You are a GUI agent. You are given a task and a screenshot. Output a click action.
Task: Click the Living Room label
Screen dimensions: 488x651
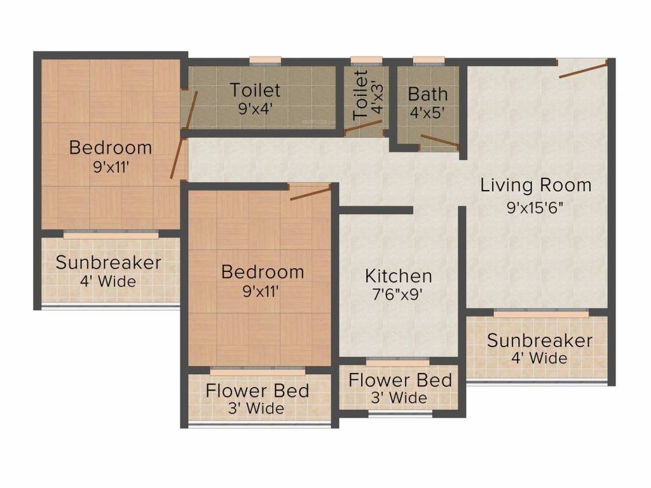tap(535, 186)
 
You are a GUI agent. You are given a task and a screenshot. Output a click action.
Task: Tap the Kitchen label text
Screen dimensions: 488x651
tap(399, 276)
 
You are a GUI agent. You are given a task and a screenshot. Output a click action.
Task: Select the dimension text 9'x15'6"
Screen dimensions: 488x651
tap(535, 208)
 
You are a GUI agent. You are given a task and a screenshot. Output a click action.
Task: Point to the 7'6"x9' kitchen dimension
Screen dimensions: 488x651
tap(399, 295)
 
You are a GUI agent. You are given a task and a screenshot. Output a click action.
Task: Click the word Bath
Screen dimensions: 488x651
tap(427, 94)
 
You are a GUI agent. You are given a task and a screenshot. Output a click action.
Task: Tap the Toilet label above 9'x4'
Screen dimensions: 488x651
tap(256, 90)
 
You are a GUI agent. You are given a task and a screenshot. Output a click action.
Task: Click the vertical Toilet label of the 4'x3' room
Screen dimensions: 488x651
tap(360, 95)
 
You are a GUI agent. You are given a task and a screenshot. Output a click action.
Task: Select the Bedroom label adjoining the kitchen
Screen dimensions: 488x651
tap(263, 272)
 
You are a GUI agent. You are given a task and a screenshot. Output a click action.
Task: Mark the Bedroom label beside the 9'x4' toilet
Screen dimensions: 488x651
tap(111, 148)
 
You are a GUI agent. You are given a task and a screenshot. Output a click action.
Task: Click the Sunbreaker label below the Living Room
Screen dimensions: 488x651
tap(540, 340)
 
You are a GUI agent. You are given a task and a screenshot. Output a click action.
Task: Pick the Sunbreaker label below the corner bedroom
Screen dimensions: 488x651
tap(108, 262)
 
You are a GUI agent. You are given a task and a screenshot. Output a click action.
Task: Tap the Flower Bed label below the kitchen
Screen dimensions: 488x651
tap(400, 381)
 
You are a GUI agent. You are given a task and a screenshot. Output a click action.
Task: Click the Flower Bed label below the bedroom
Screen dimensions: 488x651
tap(257, 390)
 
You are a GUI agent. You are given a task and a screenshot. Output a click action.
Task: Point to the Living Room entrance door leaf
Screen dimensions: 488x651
tap(583, 69)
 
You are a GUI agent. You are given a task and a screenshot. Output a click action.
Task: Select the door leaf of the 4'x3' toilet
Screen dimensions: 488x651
tap(364, 126)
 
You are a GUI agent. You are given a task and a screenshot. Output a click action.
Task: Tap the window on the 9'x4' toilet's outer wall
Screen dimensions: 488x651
tap(265, 62)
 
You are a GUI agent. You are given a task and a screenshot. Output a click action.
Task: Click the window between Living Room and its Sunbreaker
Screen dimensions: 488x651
tap(541, 313)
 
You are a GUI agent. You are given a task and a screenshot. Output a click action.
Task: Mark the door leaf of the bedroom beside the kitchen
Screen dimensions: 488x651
tap(310, 193)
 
